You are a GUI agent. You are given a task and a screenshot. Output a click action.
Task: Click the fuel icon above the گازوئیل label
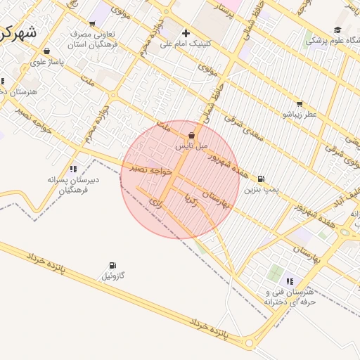(x=112, y=265)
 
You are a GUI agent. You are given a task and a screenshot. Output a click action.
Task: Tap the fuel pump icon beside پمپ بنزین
(x=262, y=179)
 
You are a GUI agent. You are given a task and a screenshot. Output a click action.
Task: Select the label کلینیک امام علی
(x=186, y=44)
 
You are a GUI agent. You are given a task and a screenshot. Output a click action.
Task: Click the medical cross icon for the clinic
(x=186, y=32)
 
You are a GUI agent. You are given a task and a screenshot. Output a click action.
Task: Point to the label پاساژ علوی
(x=47, y=62)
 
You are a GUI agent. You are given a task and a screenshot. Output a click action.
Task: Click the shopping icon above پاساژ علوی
(x=46, y=51)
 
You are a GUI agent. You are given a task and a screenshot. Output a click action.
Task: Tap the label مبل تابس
(x=192, y=146)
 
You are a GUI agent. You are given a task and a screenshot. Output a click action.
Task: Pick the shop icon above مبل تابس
(x=192, y=136)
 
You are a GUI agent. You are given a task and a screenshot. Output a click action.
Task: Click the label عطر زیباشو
(x=300, y=114)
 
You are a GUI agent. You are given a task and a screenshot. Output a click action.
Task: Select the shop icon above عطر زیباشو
(x=300, y=103)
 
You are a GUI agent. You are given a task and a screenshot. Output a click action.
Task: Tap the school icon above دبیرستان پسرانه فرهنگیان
(x=73, y=169)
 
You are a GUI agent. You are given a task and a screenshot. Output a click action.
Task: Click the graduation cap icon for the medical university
(x=337, y=30)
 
